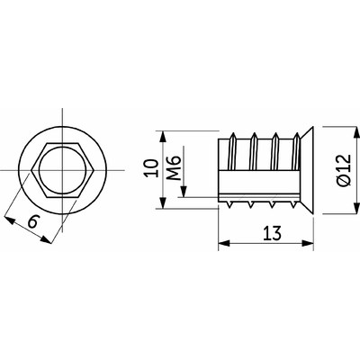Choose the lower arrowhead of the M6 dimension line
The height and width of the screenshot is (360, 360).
point(184,196)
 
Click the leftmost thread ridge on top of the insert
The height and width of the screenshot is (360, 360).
point(237,137)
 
